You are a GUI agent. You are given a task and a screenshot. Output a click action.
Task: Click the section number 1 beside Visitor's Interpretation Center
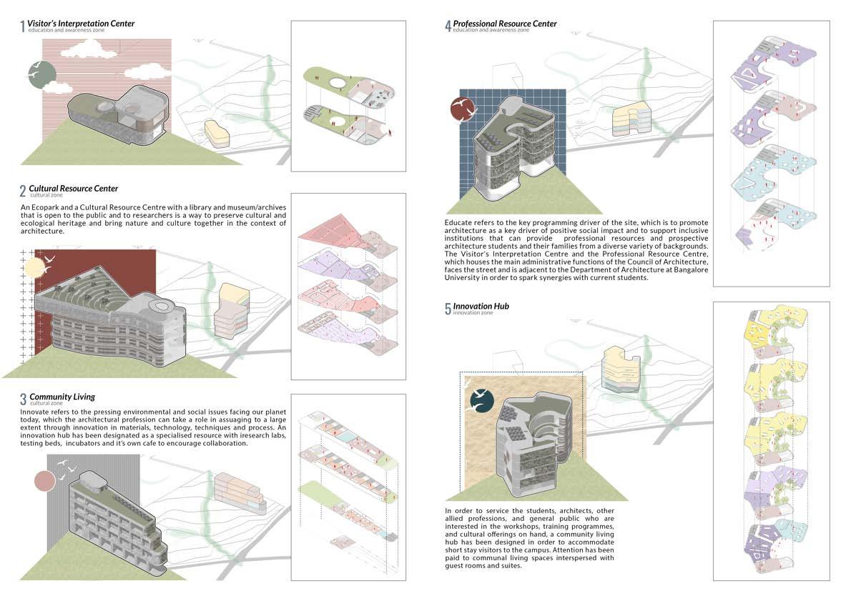tap(23, 27)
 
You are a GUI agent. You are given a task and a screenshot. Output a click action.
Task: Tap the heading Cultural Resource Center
tap(74, 189)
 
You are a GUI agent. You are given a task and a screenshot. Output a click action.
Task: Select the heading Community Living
tap(62, 397)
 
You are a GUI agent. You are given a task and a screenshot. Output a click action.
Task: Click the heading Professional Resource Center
tap(505, 24)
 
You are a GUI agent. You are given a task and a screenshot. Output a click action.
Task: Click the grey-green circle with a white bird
tap(42, 74)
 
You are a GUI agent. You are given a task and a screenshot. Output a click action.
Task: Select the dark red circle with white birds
tap(463, 108)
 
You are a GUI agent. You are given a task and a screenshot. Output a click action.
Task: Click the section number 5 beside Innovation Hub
tap(448, 309)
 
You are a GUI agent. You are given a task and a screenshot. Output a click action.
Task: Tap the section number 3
tap(24, 399)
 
